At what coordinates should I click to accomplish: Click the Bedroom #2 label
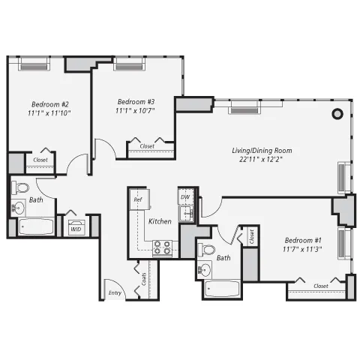pyautogui.click(x=50, y=104)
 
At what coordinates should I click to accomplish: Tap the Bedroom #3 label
pyautogui.click(x=136, y=101)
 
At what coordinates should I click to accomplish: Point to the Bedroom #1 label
pyautogui.click(x=302, y=242)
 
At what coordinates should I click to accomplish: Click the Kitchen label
pyautogui.click(x=160, y=222)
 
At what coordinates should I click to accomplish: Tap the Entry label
pyautogui.click(x=115, y=292)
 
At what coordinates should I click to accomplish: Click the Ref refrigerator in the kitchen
pyautogui.click(x=137, y=200)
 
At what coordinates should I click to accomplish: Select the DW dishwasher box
pyautogui.click(x=184, y=197)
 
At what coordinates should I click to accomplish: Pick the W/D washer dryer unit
pyautogui.click(x=76, y=229)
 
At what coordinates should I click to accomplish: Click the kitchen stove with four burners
pyautogui.click(x=163, y=247)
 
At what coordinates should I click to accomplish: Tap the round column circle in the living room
pyautogui.click(x=337, y=114)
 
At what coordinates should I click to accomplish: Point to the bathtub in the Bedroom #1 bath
pyautogui.click(x=221, y=289)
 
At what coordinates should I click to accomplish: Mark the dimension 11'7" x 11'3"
pyautogui.click(x=302, y=252)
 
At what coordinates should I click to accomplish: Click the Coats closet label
pyautogui.click(x=143, y=283)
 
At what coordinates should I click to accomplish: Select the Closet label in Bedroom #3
pyautogui.click(x=148, y=146)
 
